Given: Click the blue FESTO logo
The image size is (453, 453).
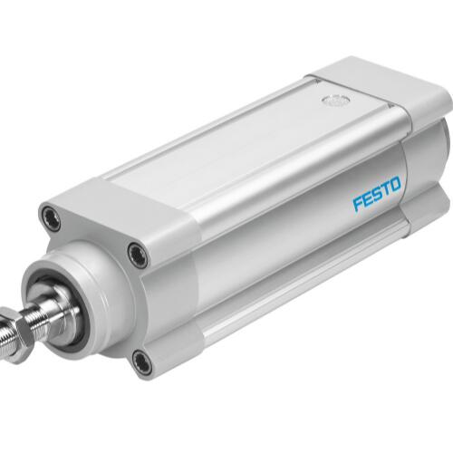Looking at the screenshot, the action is click(x=377, y=193).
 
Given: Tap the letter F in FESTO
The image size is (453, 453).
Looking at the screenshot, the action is click(x=358, y=203).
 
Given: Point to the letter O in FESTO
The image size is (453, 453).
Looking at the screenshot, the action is click(x=395, y=185).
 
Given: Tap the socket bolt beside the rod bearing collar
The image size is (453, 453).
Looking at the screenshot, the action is click(x=138, y=255).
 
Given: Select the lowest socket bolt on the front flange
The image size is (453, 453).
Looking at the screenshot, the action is click(x=141, y=361).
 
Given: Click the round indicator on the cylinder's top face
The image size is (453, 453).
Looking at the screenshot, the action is click(x=335, y=100).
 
